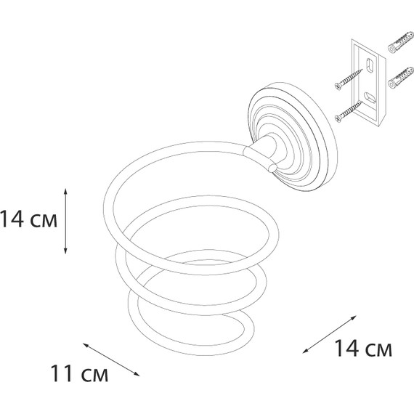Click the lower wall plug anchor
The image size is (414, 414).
coord(400,78)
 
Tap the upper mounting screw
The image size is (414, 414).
coord(349,79)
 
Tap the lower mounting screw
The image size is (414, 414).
coord(348,112)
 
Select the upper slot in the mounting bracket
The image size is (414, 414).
coord(369,65)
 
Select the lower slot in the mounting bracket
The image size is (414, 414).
coord(370,98)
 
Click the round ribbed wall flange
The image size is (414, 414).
coord(293,137)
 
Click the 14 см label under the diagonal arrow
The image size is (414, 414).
coord(362,348)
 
